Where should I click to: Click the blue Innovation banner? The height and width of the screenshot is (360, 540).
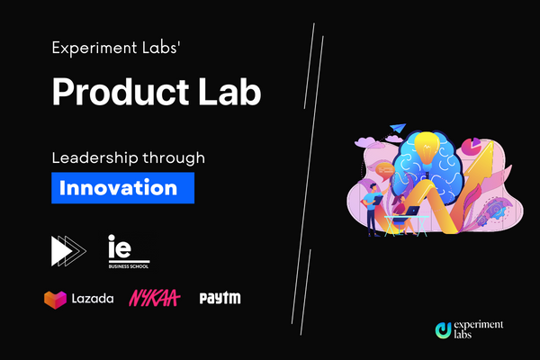point(122,189)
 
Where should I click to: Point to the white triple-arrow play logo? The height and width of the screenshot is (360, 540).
point(68,250)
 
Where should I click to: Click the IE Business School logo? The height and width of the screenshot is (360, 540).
point(125,251)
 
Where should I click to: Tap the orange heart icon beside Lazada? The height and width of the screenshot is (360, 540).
point(55,298)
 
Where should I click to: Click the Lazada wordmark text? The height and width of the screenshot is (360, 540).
point(93,298)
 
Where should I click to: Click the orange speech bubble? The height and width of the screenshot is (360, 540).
point(385,169)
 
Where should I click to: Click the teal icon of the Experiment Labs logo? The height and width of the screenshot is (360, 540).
point(442,329)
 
